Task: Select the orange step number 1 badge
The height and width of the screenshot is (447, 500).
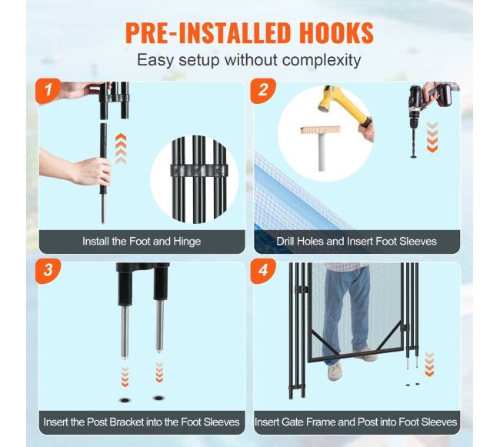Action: click(x=48, y=91)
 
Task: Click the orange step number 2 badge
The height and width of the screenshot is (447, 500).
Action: click(x=263, y=91)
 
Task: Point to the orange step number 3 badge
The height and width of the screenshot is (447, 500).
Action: click(x=48, y=271)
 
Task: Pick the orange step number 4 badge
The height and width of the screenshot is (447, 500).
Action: click(x=263, y=271)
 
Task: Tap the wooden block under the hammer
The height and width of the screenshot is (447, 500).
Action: click(x=320, y=130)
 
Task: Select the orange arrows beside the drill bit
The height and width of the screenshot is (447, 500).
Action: click(x=432, y=136)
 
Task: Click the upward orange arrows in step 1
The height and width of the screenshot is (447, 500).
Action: click(x=121, y=149)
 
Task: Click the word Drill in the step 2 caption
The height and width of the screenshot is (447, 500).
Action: click(x=285, y=242)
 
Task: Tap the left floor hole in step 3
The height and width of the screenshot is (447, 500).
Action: click(x=125, y=400)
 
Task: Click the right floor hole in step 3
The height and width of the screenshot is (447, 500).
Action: click(x=158, y=398)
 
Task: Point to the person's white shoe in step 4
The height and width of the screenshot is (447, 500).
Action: click(x=335, y=372)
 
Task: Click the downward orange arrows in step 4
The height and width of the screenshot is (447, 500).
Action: click(x=430, y=364)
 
